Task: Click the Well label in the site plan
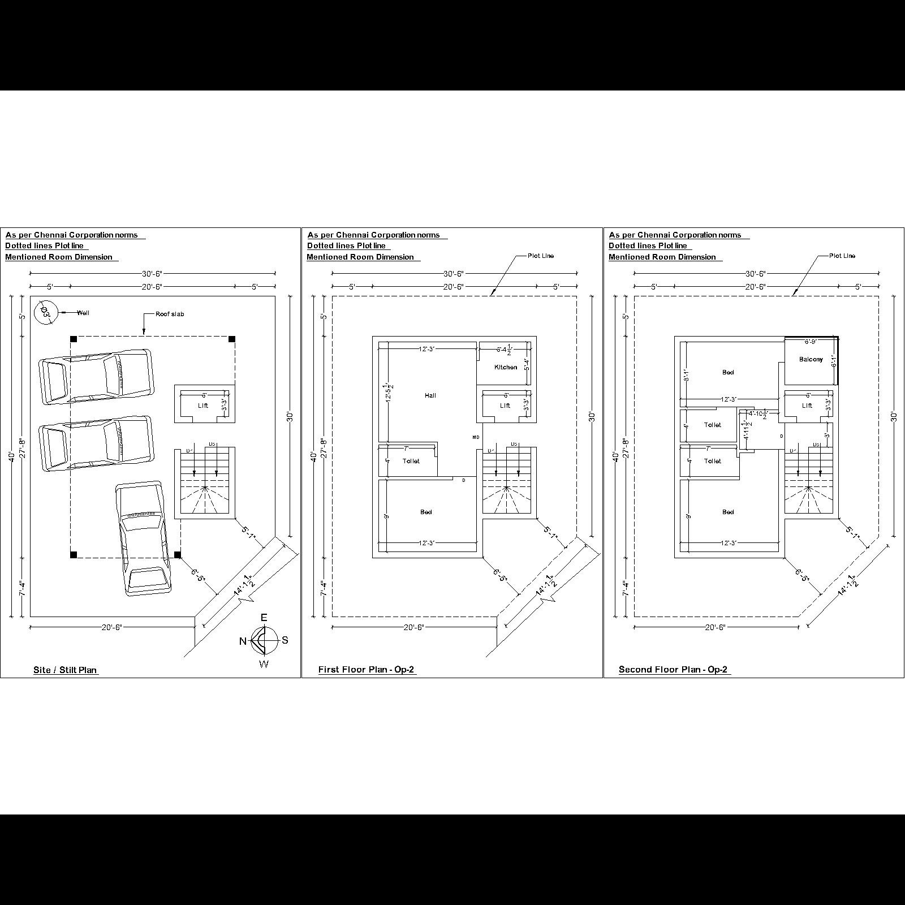(x=83, y=313)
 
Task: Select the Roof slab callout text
(x=170, y=314)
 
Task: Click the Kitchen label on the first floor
(x=506, y=367)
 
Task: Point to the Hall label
(x=430, y=395)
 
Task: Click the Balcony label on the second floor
(x=811, y=360)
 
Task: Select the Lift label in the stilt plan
(x=203, y=406)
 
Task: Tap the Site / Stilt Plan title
(x=65, y=670)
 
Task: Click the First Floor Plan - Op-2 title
(x=367, y=670)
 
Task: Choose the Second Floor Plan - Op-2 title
(x=673, y=670)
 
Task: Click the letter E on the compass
(x=264, y=618)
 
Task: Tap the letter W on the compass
(x=264, y=664)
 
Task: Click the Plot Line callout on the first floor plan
(x=540, y=256)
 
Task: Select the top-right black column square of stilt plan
(x=232, y=339)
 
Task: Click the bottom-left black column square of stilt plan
(x=74, y=555)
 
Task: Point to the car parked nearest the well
(x=96, y=377)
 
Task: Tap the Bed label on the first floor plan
(x=426, y=512)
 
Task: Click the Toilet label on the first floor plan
(x=411, y=461)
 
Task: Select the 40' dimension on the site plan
(x=11, y=456)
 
